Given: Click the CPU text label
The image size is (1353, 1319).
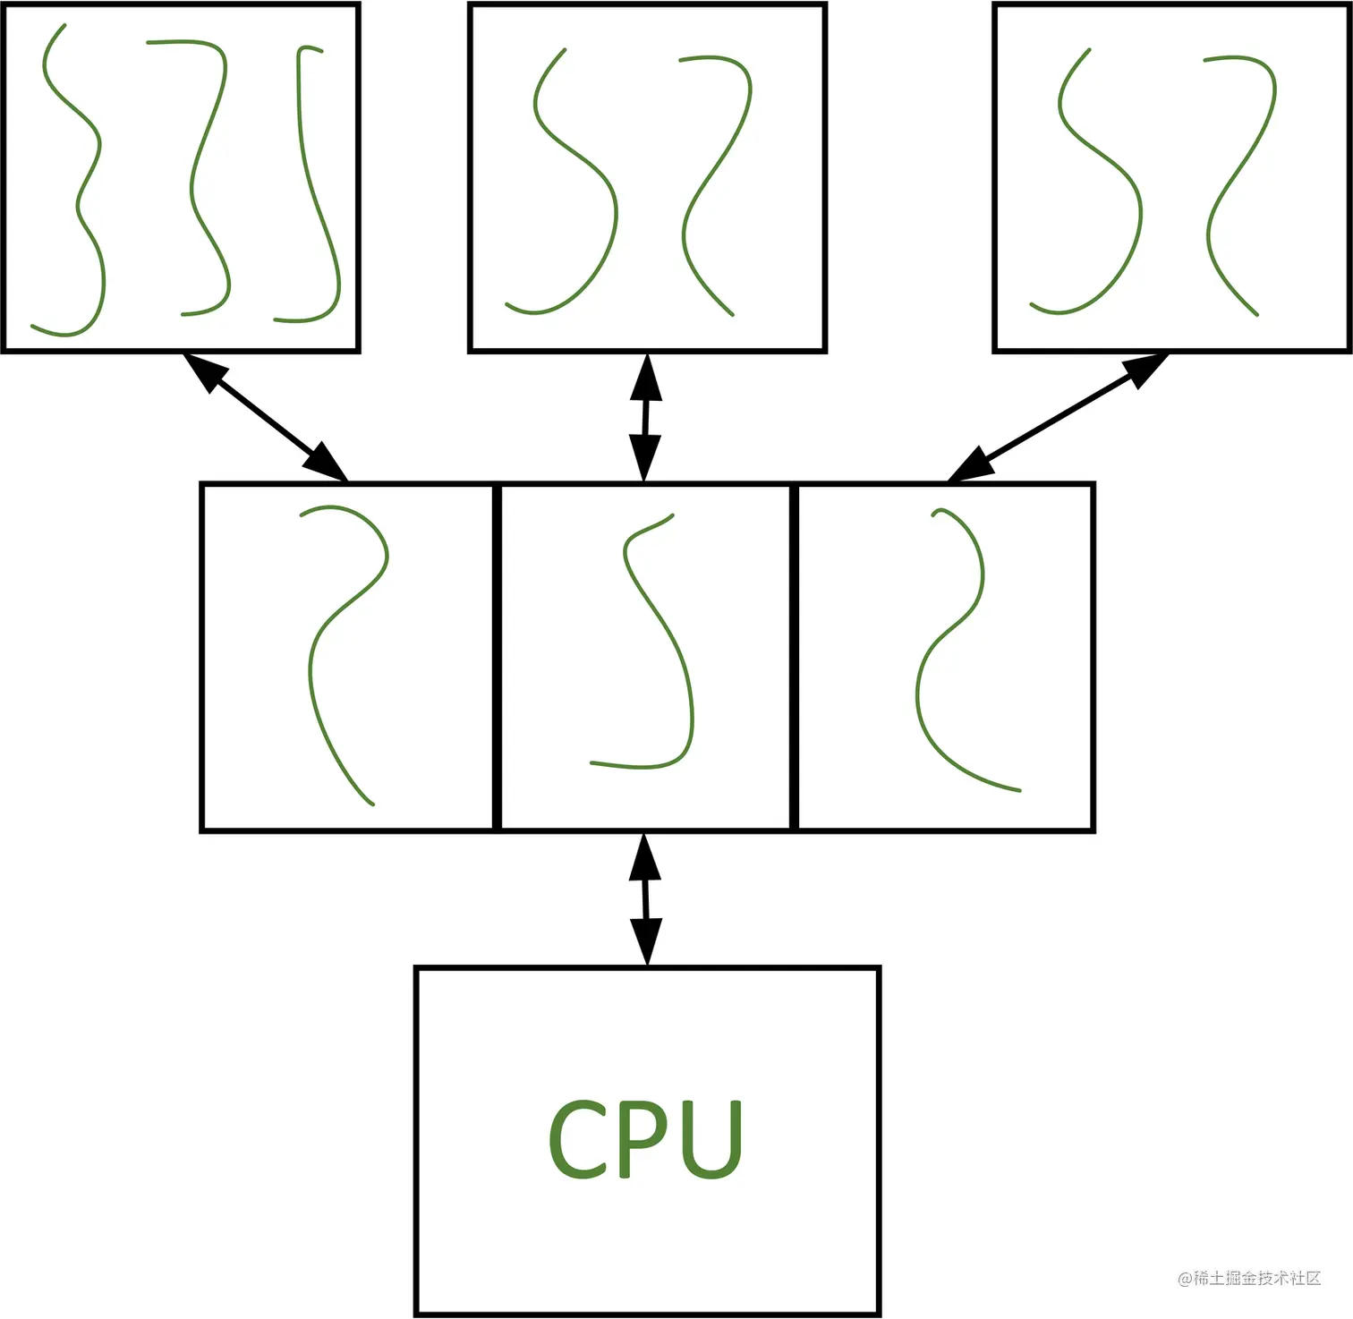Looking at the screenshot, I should tap(645, 1138).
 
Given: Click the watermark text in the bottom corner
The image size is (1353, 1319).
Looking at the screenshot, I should tap(1249, 1278).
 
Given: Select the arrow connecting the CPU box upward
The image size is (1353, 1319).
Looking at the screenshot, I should tap(645, 898).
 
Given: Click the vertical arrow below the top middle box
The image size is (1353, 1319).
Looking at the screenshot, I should tap(645, 417).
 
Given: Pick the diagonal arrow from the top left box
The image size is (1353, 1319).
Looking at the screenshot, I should tap(265, 417).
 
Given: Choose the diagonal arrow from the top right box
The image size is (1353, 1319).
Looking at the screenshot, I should tap(1058, 417).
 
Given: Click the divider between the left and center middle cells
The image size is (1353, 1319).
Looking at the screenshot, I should tap(497, 657).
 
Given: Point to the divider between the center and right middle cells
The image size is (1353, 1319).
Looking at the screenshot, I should tap(794, 657).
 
